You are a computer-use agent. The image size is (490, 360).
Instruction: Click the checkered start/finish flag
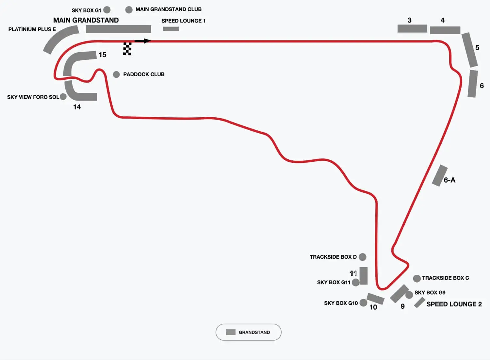point(127,49)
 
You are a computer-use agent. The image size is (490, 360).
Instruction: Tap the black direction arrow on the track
point(142,41)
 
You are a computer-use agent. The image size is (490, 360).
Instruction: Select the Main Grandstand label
point(86,20)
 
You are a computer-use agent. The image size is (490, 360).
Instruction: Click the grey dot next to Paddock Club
point(116,74)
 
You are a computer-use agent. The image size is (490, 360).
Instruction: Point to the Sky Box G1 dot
point(107,10)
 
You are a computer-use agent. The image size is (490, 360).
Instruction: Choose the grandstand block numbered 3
point(412,29)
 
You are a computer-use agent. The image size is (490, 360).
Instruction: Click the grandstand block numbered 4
point(445,30)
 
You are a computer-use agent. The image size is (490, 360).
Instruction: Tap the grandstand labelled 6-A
point(440,176)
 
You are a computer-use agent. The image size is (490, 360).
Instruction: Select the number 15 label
point(103,55)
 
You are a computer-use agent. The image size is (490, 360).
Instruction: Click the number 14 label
point(77,107)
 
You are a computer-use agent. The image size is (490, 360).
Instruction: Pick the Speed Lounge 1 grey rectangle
point(171,29)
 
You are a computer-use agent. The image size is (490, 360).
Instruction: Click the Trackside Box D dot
point(363,257)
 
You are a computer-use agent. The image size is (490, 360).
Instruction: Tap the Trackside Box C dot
point(417,278)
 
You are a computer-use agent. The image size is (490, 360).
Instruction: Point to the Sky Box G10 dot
point(363,303)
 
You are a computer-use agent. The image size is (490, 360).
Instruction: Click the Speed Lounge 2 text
point(454,304)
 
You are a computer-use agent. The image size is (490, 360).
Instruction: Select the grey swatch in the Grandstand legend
point(231,332)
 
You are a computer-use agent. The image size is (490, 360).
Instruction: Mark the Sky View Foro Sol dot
point(63,97)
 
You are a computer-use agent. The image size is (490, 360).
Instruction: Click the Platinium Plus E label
point(32,29)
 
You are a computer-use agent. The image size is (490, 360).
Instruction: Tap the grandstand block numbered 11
point(363,275)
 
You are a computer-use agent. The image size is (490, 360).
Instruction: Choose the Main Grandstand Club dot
point(129,10)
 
